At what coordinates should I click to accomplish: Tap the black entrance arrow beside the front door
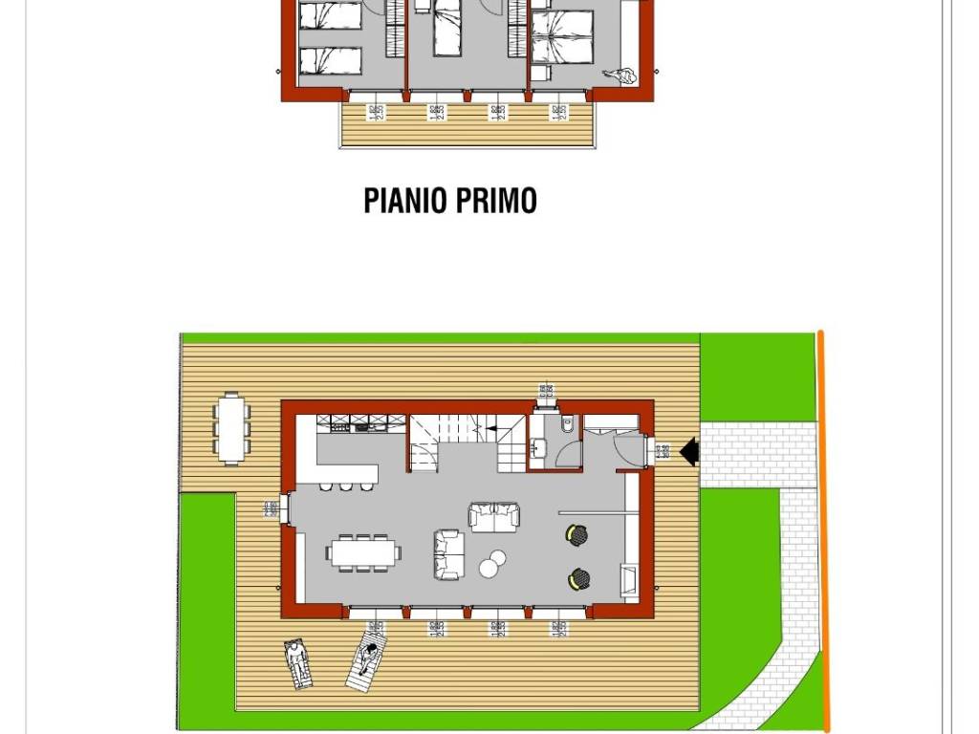pyautogui.click(x=688, y=449)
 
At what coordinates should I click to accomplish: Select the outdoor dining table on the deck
pyautogui.click(x=231, y=427)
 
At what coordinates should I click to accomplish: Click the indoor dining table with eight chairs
pyautogui.click(x=363, y=551)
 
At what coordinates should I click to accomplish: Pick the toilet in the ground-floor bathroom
pyautogui.click(x=568, y=424)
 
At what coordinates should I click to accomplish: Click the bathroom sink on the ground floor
pyautogui.click(x=538, y=443)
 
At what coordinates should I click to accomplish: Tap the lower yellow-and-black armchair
pyautogui.click(x=577, y=577)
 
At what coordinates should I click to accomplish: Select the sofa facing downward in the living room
pyautogui.click(x=495, y=516)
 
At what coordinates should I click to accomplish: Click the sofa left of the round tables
pyautogui.click(x=447, y=554)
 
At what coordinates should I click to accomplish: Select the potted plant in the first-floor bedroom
pyautogui.click(x=625, y=76)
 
